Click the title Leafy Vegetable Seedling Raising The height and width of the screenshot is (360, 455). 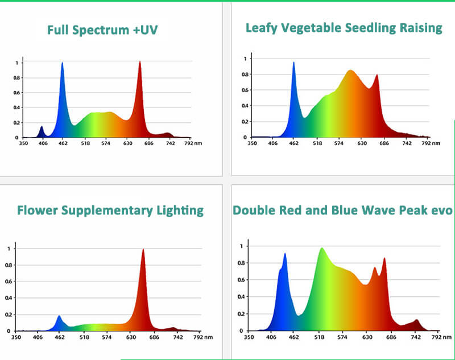(x=344, y=27)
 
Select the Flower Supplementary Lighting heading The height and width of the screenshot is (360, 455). (x=110, y=210)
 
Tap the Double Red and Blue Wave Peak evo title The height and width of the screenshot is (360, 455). (x=343, y=210)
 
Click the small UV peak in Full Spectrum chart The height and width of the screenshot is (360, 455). (x=41, y=127)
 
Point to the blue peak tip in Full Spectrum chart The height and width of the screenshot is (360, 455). (x=62, y=64)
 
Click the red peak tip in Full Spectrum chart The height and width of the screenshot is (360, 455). (x=140, y=62)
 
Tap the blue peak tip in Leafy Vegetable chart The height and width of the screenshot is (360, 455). (x=293, y=63)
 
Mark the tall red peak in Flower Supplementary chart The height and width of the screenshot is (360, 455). (x=143, y=250)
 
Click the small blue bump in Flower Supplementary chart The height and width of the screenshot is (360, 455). (x=59, y=316)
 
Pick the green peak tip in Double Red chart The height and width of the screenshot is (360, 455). (x=322, y=249)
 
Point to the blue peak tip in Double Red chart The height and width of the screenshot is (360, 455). (x=285, y=254)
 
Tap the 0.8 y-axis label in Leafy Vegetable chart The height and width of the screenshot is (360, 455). (x=244, y=74)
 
